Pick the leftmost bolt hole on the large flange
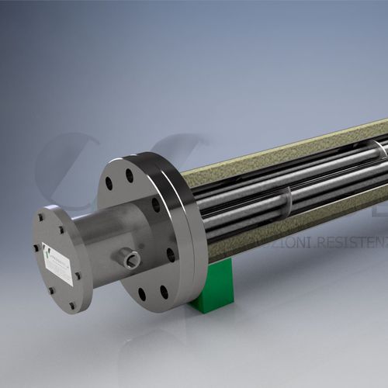pos(109,184)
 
